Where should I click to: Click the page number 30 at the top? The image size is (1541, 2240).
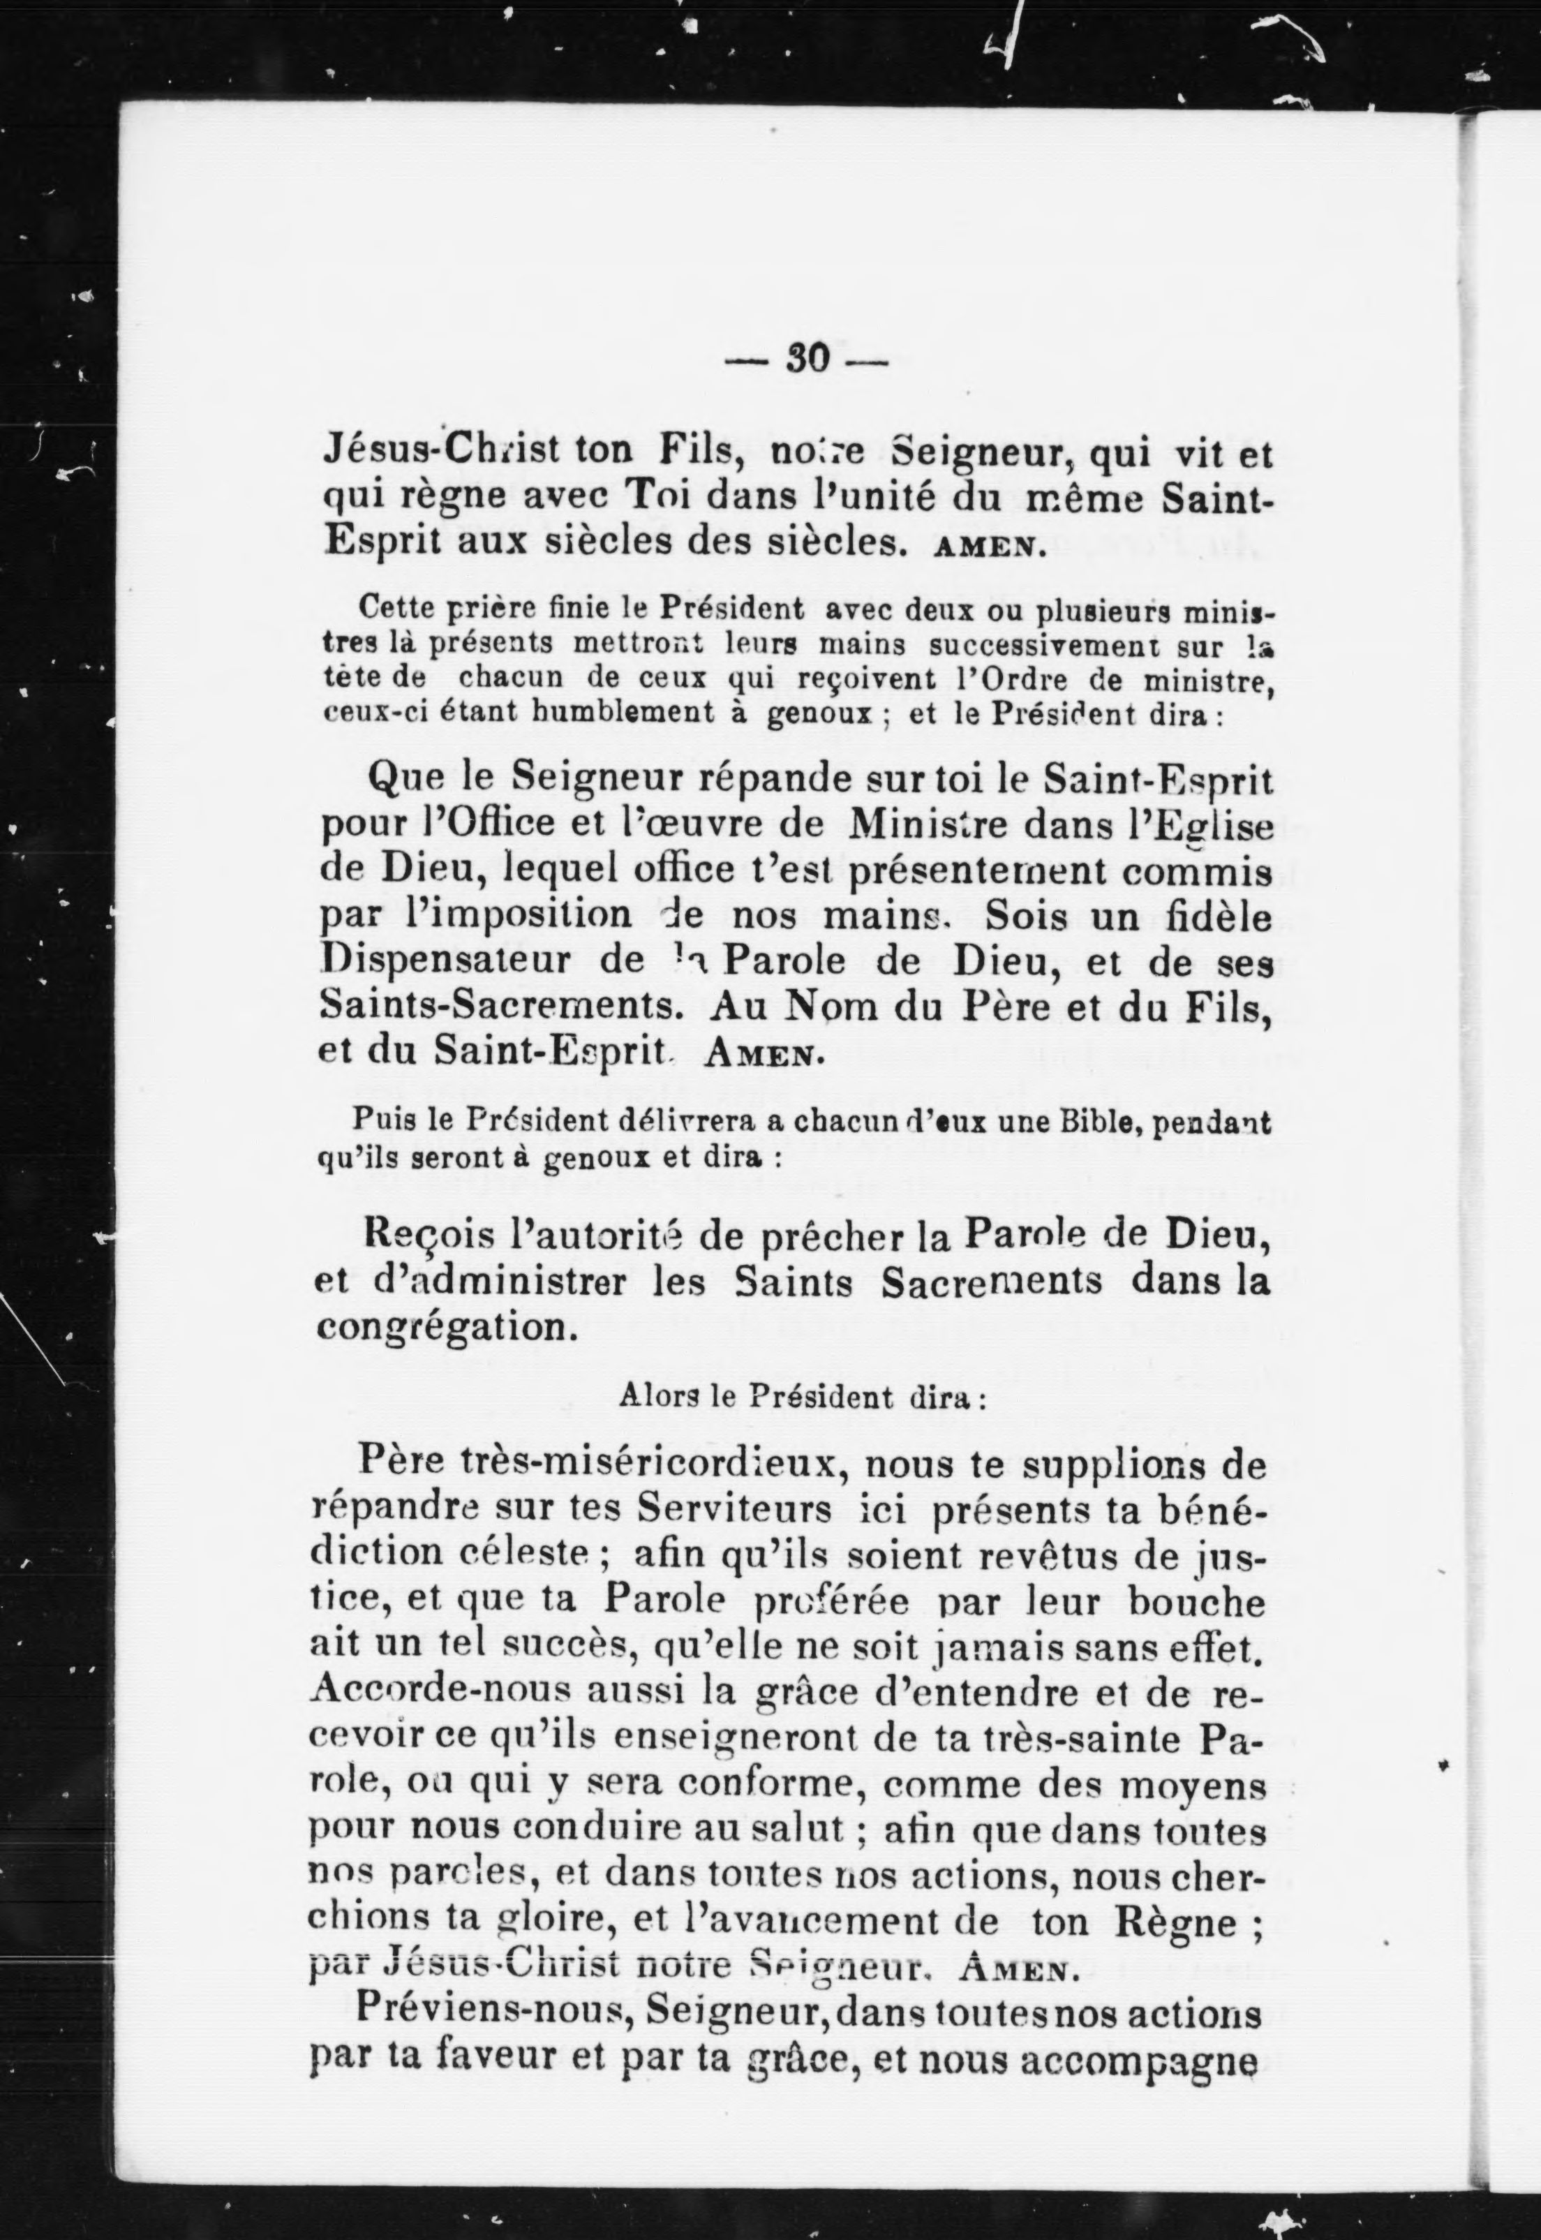[807, 359]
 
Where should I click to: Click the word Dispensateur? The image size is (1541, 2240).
[468, 963]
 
